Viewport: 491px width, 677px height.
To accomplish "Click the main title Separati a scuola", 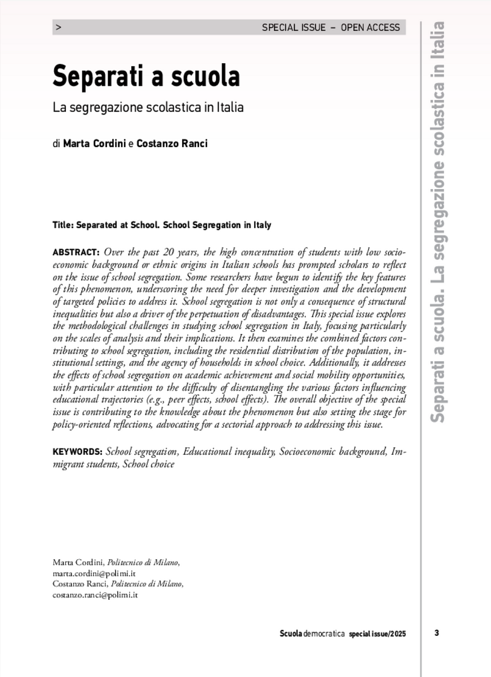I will (x=146, y=76).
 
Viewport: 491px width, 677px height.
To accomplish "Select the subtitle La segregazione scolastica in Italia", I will (x=148, y=107).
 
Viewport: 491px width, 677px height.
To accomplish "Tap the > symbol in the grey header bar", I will (x=59, y=27).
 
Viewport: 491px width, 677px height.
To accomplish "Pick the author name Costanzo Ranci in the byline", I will (x=172, y=143).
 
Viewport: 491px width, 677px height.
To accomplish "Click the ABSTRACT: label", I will (x=76, y=252).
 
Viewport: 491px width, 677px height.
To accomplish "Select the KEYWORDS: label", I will (x=77, y=452).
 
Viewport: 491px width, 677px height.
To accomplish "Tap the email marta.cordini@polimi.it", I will (x=94, y=573).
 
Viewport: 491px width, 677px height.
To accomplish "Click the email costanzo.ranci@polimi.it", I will (x=95, y=595).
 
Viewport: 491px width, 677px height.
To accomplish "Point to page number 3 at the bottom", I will (x=437, y=633).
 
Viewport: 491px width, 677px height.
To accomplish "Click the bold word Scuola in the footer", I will (x=291, y=634).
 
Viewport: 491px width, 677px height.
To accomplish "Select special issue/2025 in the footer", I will (x=377, y=634).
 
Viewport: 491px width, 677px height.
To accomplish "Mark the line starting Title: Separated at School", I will (x=162, y=225).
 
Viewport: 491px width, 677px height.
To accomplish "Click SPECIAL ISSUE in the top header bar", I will (x=294, y=27).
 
